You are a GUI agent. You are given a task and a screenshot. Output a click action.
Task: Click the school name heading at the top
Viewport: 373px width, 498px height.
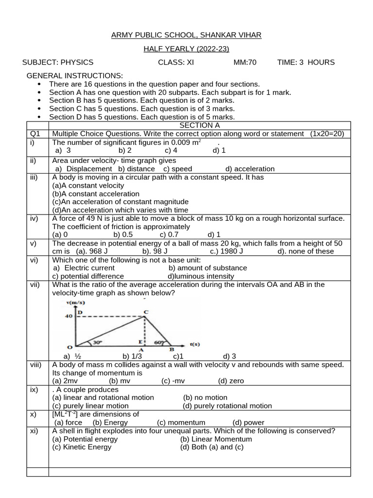[x=186, y=35]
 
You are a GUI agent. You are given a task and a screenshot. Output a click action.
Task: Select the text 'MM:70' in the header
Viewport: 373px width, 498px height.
[x=245, y=62]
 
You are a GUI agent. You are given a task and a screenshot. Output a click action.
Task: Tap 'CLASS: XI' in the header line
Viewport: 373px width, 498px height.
[x=176, y=62]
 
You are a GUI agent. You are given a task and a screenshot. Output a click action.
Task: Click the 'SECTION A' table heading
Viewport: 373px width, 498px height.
[x=200, y=125]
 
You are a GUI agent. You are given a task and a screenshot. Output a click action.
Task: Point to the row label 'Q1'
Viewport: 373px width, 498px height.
[x=34, y=134]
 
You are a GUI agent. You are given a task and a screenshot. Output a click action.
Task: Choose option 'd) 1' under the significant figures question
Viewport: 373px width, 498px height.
[x=219, y=150]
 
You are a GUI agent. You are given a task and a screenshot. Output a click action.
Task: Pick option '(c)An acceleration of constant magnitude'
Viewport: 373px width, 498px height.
[x=120, y=201]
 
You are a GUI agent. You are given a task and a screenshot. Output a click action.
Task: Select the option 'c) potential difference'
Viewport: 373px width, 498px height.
[x=88, y=276]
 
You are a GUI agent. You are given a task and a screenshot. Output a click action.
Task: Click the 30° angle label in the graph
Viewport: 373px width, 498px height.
[x=98, y=342]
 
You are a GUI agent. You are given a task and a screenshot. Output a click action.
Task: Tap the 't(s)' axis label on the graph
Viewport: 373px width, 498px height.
[x=194, y=344]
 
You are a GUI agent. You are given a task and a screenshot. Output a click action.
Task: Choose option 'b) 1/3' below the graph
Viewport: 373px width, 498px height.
[x=132, y=356]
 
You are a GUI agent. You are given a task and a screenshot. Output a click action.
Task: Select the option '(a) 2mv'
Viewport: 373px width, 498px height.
[x=66, y=381]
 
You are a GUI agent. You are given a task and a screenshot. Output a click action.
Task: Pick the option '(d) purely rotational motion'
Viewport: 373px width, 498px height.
[x=227, y=406]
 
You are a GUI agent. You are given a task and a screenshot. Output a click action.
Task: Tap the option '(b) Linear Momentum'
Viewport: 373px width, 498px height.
[x=216, y=439]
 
